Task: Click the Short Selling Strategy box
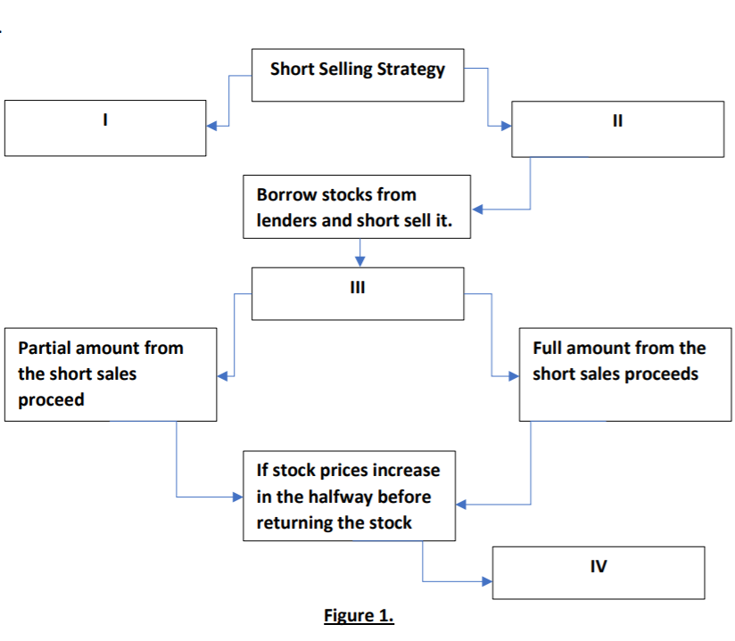tap(357, 75)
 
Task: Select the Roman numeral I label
tap(105, 119)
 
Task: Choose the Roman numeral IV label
tap(599, 565)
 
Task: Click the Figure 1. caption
tap(359, 616)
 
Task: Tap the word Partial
tap(46, 348)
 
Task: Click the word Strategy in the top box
tap(410, 70)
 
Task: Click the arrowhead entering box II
tap(506, 126)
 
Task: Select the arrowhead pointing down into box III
tap(359, 261)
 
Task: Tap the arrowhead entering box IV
tap(487, 581)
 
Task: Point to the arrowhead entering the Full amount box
tap(514, 375)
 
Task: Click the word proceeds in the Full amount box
tap(661, 374)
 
